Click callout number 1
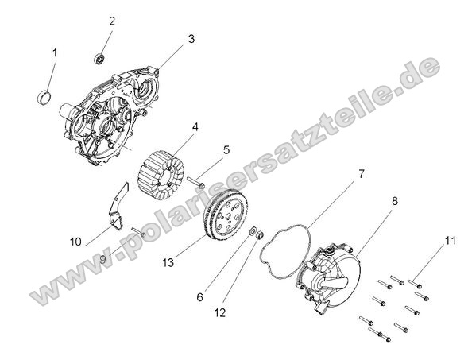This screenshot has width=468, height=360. pos(55,52)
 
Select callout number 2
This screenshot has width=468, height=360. pos(111,21)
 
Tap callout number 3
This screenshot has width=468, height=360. pos(191,38)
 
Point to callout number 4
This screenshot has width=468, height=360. pos(195,126)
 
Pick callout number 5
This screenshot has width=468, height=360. pos(226,149)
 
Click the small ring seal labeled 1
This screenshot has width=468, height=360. pos(46,98)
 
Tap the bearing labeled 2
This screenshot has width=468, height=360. pos(101,57)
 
